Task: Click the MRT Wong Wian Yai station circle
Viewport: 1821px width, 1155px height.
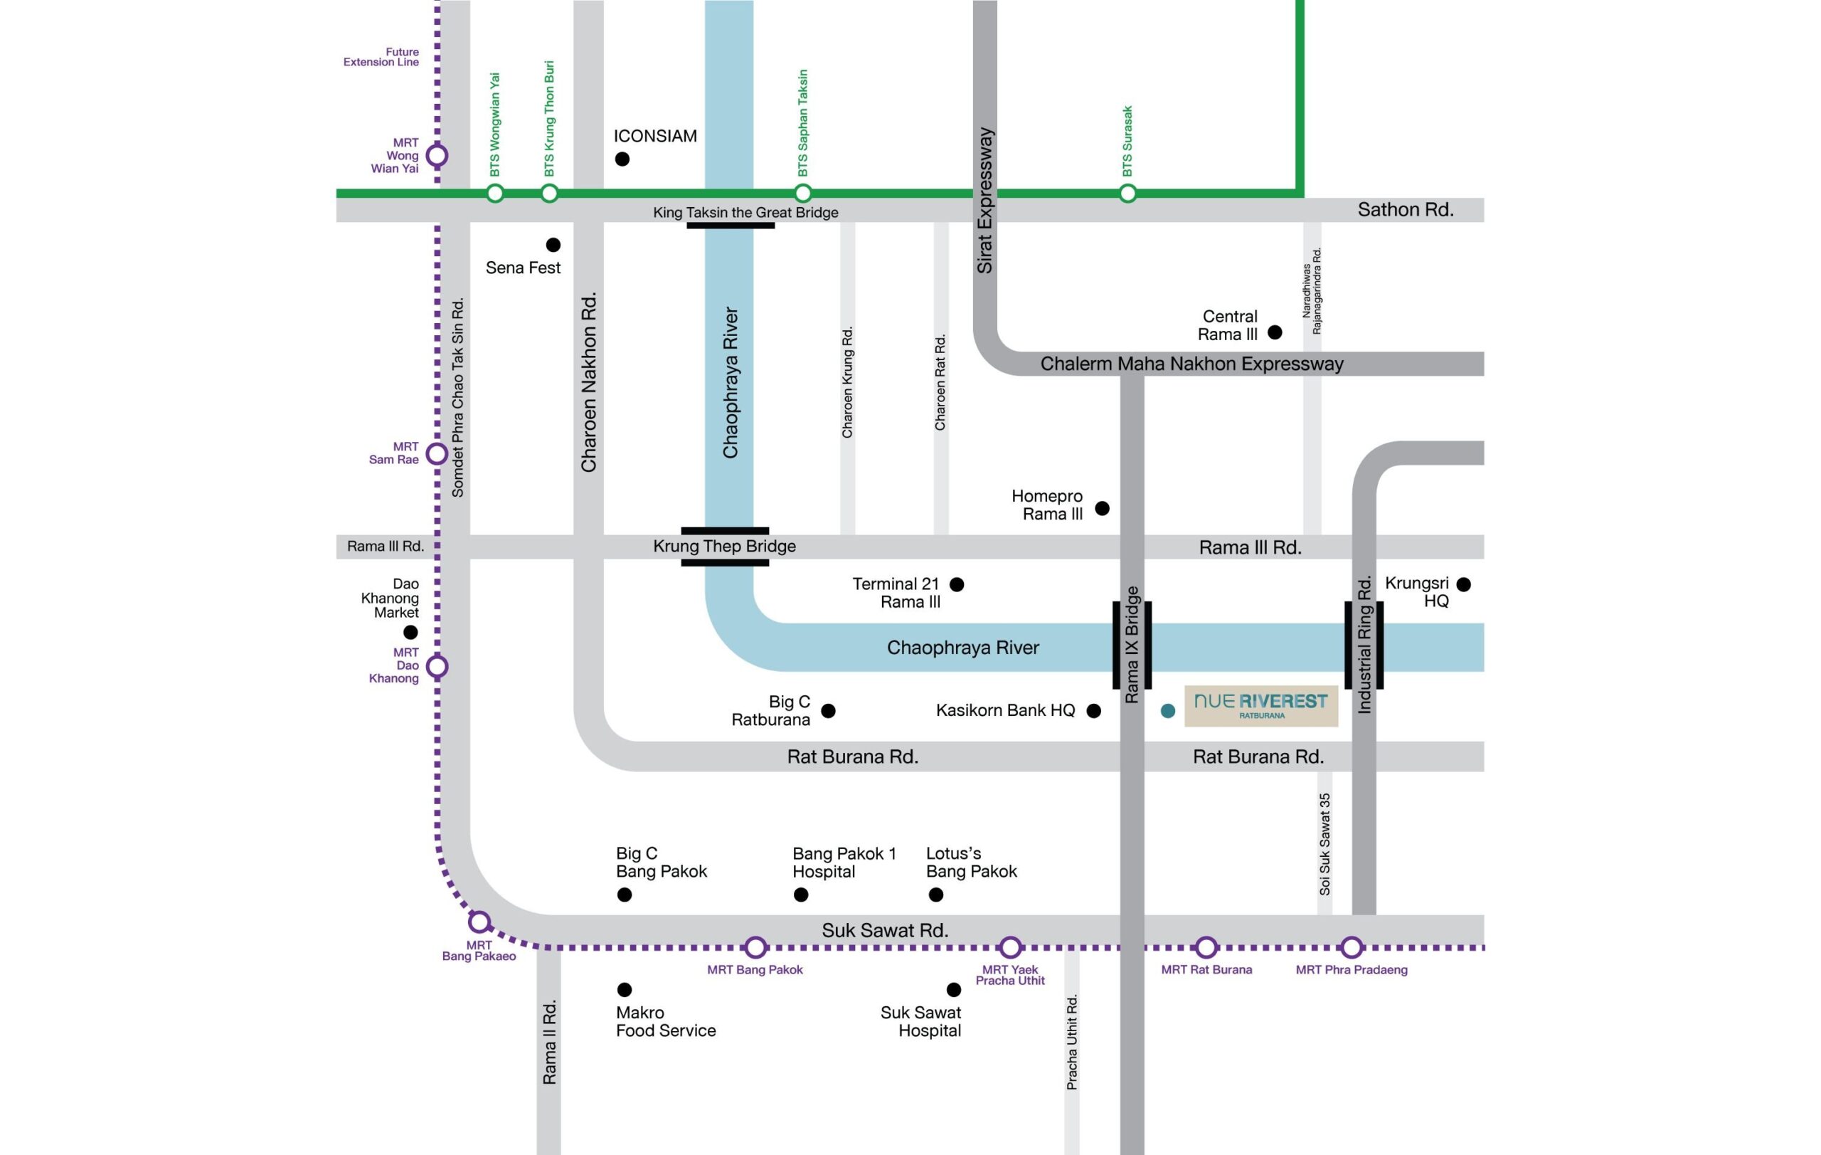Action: [437, 156]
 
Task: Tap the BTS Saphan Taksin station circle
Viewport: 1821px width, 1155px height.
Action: [803, 193]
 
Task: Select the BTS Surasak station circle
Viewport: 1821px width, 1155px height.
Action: [1127, 194]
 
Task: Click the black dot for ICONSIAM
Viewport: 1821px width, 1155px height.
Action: [622, 159]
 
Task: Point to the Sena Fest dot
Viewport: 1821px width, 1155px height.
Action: [553, 245]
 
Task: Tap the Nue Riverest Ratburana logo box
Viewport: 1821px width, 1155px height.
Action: [1260, 707]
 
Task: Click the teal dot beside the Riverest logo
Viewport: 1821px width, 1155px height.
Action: [1167, 711]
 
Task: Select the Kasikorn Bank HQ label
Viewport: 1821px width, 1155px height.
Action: [1005, 710]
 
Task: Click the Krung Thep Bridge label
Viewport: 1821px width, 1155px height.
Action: [724, 546]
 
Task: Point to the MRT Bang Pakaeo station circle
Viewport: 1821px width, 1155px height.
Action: [479, 922]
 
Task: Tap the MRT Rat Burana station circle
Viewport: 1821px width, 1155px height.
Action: [1206, 947]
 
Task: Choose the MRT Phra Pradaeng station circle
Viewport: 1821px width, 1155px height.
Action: [1352, 947]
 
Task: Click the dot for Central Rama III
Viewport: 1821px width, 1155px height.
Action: [1275, 332]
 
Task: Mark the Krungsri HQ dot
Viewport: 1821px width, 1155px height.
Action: [1463, 585]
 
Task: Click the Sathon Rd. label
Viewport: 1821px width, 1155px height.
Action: [1405, 209]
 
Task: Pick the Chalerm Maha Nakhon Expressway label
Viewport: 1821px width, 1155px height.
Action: [1191, 364]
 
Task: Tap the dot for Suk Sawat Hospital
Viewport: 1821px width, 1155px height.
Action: [954, 989]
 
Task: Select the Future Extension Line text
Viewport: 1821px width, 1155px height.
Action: [381, 58]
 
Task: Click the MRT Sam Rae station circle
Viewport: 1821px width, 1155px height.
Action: [437, 454]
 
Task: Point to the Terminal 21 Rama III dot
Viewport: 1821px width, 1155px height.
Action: [957, 585]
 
